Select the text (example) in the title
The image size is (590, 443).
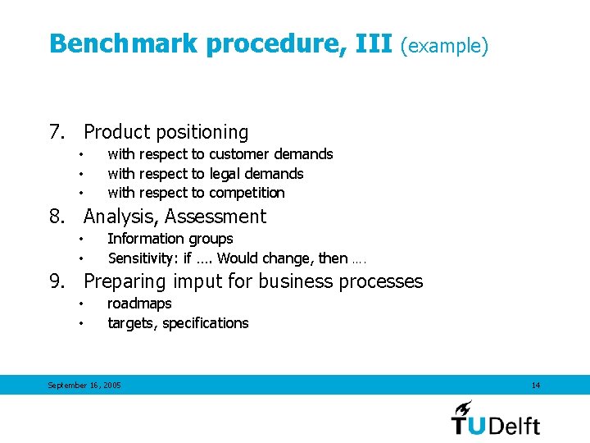(x=444, y=45)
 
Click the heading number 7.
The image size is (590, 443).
(x=57, y=132)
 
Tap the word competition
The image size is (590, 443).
(x=247, y=193)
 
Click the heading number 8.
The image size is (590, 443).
(x=57, y=217)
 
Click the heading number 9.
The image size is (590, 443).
(x=57, y=281)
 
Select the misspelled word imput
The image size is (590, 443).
(x=198, y=282)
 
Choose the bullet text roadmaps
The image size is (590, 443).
(x=139, y=304)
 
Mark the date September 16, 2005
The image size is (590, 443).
(x=84, y=386)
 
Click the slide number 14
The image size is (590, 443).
(x=536, y=386)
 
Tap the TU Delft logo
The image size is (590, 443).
(x=495, y=418)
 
